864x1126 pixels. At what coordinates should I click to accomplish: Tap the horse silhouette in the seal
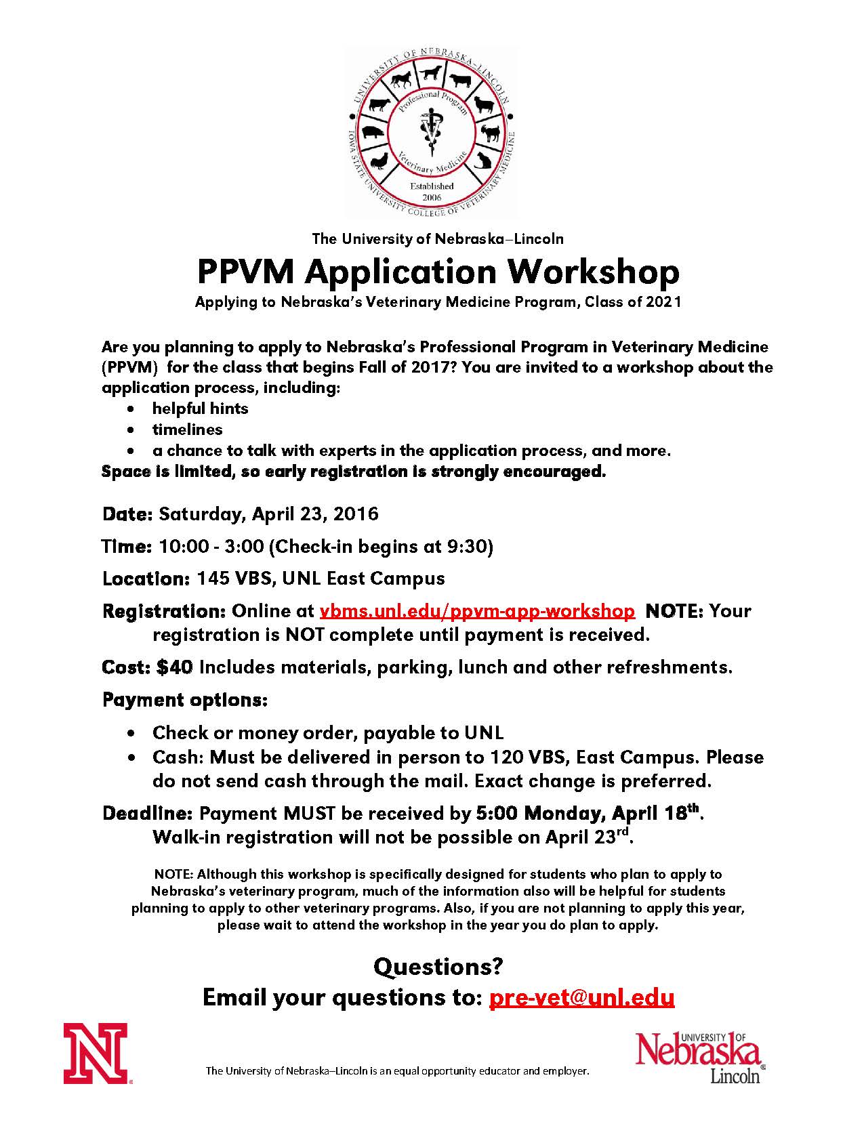click(400, 80)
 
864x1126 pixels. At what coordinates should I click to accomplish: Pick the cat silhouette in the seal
click(482, 161)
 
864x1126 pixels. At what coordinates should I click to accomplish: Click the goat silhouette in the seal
click(491, 132)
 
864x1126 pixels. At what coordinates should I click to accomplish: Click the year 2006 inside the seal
click(432, 197)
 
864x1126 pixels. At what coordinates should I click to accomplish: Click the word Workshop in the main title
click(594, 272)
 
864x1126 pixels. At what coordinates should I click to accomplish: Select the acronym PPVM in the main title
click(246, 272)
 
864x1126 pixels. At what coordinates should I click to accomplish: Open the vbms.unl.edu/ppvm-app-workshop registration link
click(477, 610)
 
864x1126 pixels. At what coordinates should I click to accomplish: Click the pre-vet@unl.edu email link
click(581, 997)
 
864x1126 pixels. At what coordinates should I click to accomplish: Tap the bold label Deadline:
click(148, 812)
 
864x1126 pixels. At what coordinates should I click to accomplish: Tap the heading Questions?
click(438, 966)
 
